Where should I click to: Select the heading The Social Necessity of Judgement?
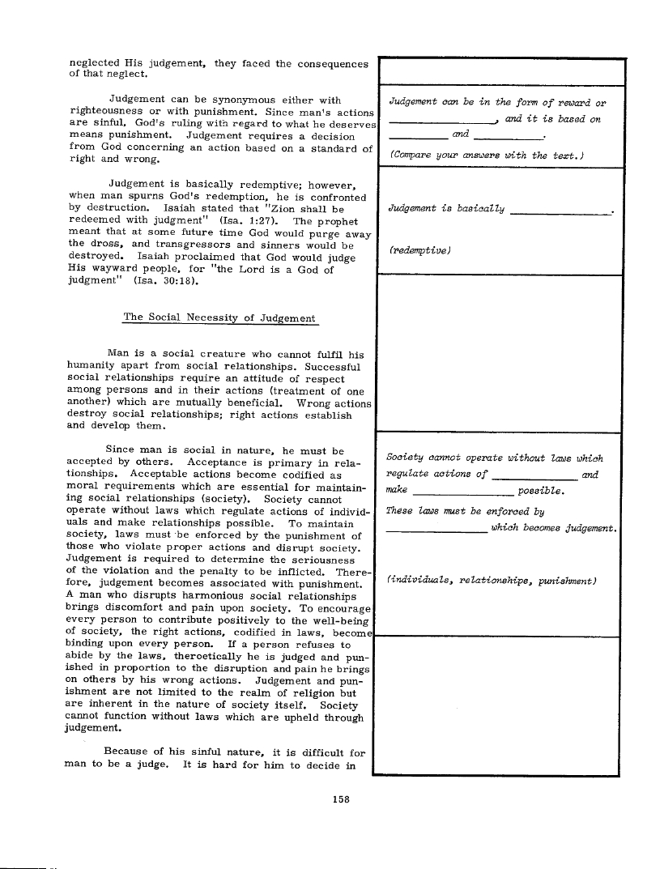pyautogui.click(x=219, y=318)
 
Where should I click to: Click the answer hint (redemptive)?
pyautogui.click(x=419, y=252)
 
